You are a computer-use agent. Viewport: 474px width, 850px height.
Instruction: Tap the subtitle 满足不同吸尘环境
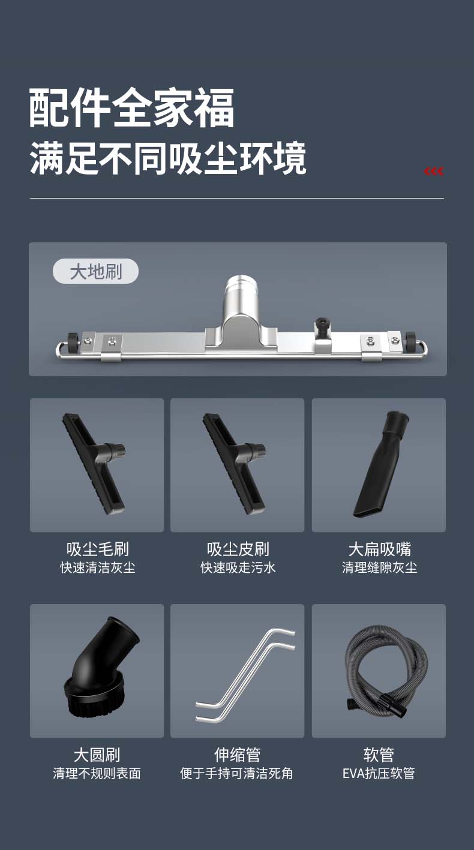click(168, 158)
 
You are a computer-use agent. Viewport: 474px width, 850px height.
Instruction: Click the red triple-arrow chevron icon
click(434, 172)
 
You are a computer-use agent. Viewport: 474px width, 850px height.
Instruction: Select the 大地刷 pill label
click(95, 271)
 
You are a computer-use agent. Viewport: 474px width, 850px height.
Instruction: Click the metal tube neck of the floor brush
click(241, 295)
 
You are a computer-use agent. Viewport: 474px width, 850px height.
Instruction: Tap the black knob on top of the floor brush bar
click(322, 327)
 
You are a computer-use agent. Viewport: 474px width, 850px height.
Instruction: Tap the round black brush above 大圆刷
click(100, 671)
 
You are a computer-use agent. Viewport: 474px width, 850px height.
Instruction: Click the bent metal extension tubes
click(245, 675)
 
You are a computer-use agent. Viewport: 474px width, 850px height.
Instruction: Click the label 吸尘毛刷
click(98, 549)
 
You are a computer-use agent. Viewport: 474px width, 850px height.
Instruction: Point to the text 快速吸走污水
click(238, 567)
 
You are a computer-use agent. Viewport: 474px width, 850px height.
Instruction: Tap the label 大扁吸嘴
click(380, 549)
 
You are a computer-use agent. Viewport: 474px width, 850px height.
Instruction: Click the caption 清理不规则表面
click(97, 773)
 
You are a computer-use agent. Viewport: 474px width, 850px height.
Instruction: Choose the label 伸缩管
click(238, 755)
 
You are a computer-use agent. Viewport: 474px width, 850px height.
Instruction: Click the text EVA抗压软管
click(379, 773)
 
